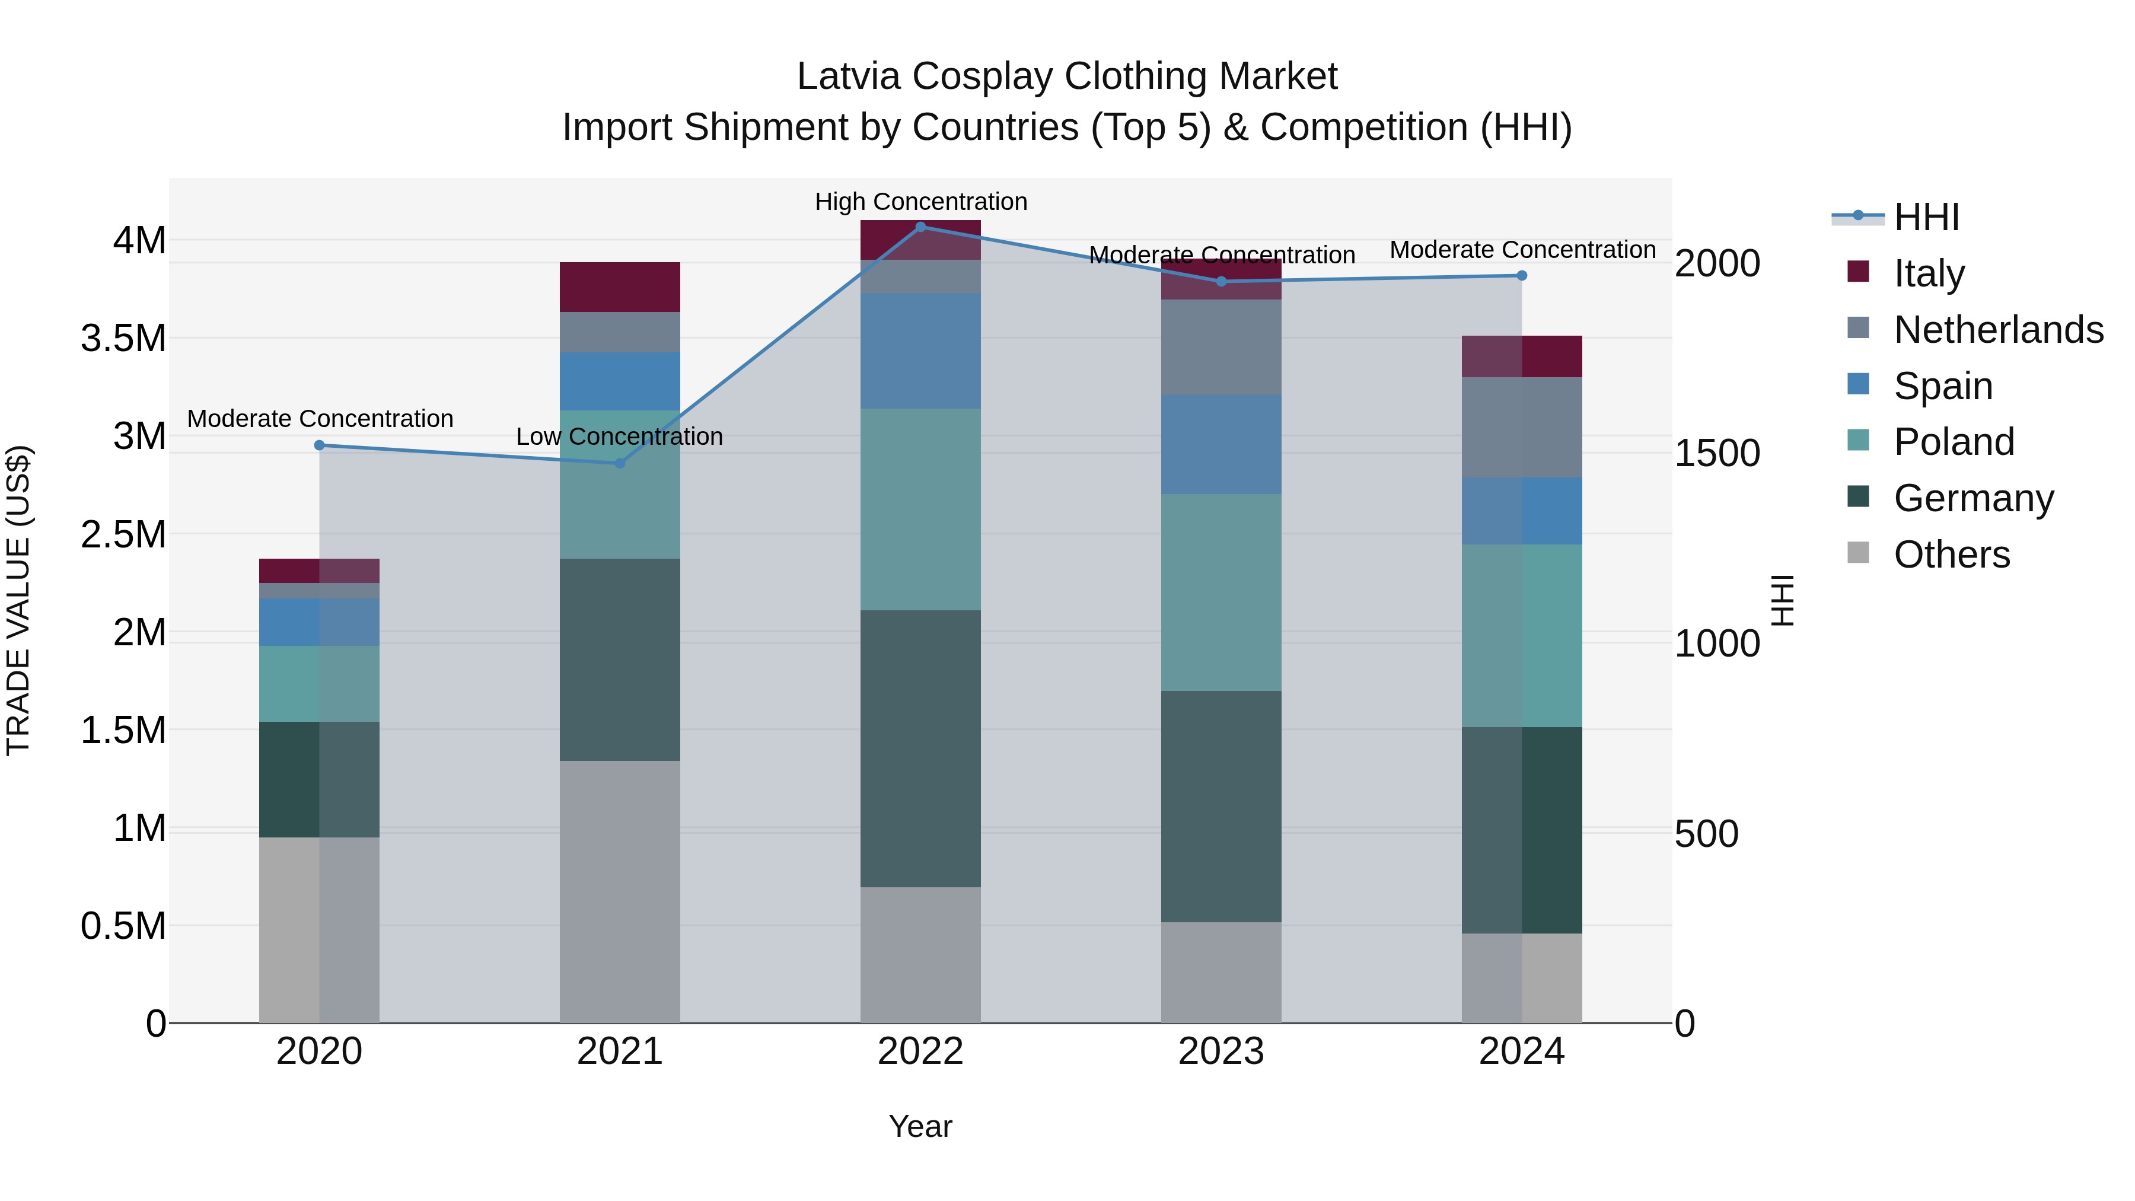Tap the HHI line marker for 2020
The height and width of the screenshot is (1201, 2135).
(x=319, y=445)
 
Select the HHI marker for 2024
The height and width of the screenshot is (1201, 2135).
(x=1522, y=275)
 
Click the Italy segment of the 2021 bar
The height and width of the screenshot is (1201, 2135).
(x=620, y=287)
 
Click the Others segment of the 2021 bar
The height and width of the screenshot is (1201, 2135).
(x=620, y=891)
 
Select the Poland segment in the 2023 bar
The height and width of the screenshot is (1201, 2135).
(x=1221, y=592)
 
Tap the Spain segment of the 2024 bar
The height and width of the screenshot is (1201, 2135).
(x=1522, y=511)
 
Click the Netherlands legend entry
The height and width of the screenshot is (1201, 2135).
(x=1997, y=329)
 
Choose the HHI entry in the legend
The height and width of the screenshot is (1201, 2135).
(x=1926, y=217)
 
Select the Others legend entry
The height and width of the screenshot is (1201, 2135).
(x=1951, y=554)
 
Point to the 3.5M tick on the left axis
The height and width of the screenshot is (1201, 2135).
(x=123, y=338)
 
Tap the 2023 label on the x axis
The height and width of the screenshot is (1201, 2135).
(x=1221, y=1052)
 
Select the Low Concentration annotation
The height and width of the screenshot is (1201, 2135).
(x=619, y=436)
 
